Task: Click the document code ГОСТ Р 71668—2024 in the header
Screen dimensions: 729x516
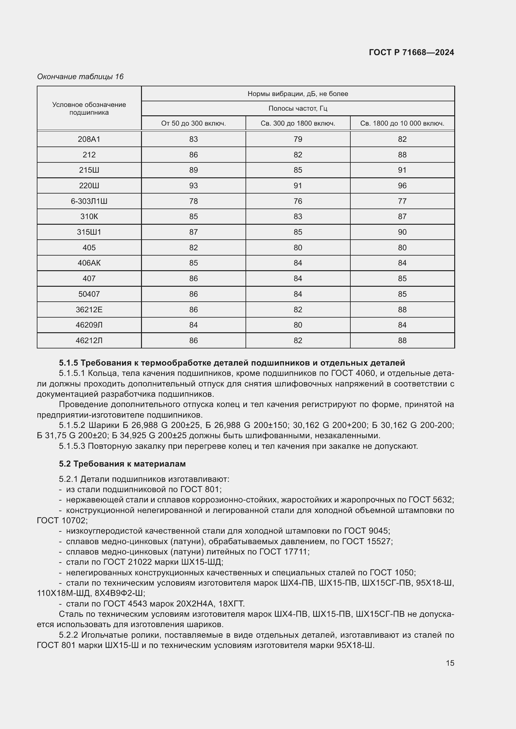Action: pos(411,52)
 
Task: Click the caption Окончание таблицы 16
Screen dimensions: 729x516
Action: pos(80,77)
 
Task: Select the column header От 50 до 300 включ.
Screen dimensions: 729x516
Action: pos(193,123)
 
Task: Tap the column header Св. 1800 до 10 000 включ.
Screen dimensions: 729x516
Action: pos(402,123)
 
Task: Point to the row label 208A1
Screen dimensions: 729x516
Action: pos(89,139)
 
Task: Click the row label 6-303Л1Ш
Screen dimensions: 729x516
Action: pos(89,201)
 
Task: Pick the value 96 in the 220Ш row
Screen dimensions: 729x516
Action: pos(402,185)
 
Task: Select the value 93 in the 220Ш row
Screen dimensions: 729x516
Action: pos(193,185)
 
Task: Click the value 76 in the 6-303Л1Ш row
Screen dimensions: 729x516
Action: pos(298,201)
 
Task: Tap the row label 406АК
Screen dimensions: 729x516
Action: pos(89,263)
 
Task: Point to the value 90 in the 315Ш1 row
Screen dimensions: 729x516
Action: pos(402,232)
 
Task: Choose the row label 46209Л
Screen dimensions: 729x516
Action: pos(89,325)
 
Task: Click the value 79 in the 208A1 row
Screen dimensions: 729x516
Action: pos(298,139)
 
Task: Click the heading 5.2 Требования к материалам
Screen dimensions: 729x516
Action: pos(122,464)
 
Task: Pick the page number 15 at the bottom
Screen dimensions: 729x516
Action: pos(450,663)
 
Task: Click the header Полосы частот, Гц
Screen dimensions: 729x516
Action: pos(298,108)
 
